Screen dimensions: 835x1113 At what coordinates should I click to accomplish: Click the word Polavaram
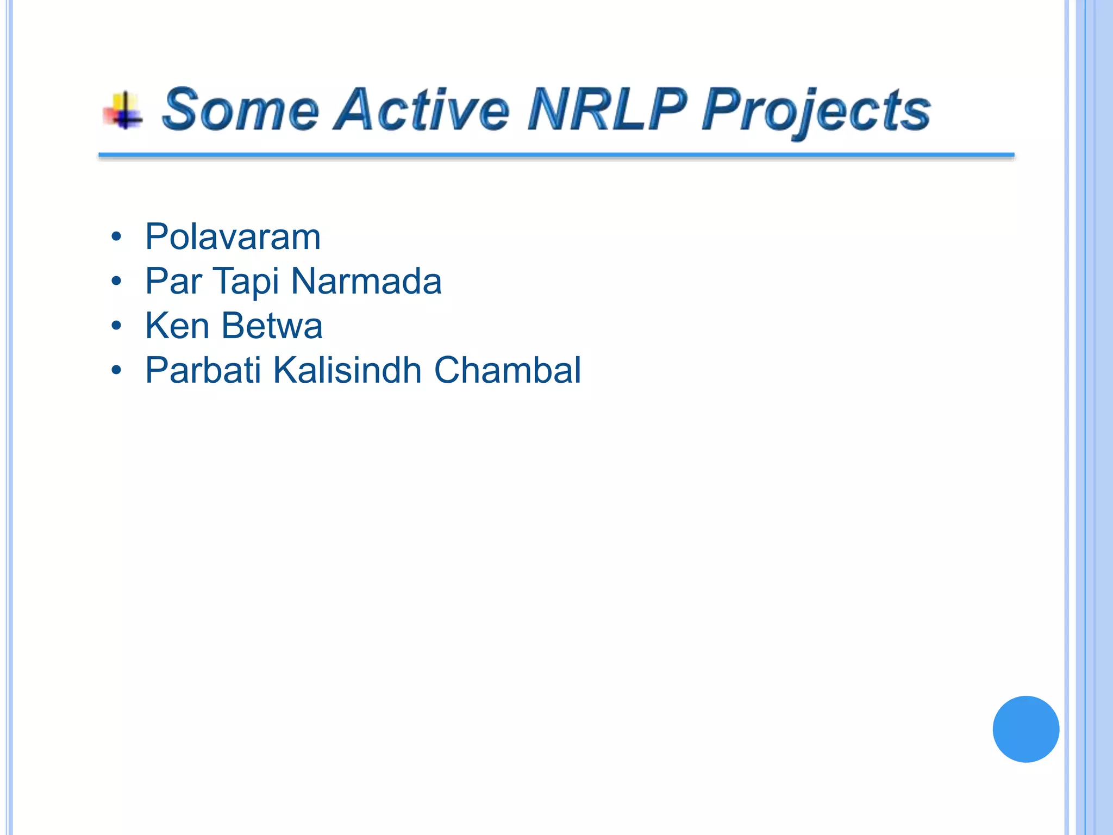[x=233, y=237]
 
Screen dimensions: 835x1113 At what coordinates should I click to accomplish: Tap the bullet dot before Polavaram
[x=116, y=237]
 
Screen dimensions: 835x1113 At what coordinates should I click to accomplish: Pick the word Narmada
[x=366, y=282]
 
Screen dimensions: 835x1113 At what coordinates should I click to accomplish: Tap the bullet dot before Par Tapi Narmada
[x=116, y=282]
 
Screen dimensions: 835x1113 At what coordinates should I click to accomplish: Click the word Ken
[x=177, y=326]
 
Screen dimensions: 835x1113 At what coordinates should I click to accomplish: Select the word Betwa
[x=272, y=326]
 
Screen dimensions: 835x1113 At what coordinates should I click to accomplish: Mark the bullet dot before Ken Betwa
[x=116, y=326]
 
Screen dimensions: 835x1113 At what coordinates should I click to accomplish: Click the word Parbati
[x=203, y=371]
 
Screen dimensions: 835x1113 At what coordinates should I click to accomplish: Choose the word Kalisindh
[x=347, y=371]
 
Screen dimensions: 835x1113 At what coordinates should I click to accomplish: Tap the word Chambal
[x=508, y=371]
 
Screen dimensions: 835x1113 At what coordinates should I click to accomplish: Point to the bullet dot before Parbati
[x=116, y=371]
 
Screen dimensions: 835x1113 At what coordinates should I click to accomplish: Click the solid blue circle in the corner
[x=1026, y=729]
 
